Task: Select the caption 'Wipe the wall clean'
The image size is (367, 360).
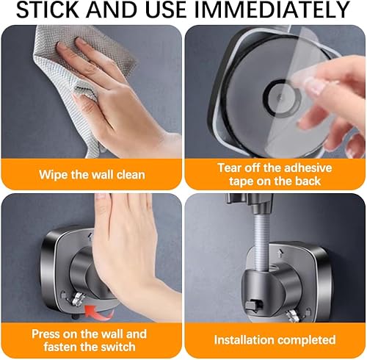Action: point(92,175)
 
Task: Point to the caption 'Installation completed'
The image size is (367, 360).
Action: point(275,340)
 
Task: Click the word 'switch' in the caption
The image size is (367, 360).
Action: point(115,347)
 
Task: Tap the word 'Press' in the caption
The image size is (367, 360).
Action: point(46,334)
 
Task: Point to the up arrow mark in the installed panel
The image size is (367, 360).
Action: point(280,253)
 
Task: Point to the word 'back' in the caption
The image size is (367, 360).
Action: point(308,181)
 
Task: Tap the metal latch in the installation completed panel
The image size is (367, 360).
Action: point(294,316)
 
